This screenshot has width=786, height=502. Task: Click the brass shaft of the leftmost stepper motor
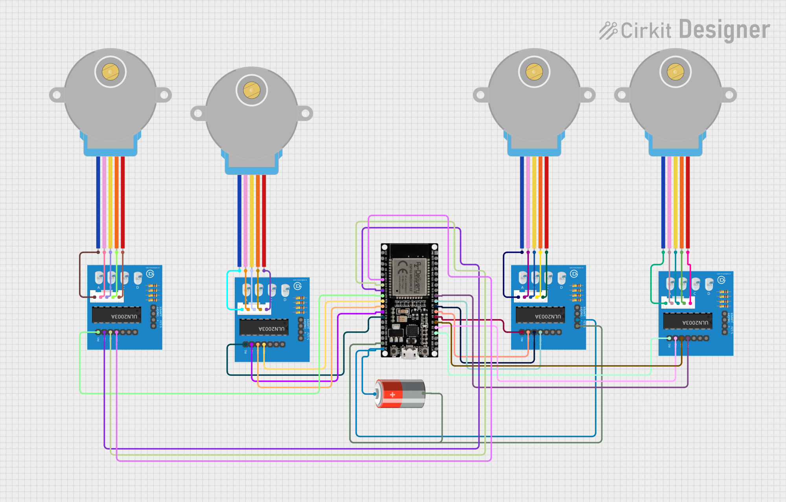click(110, 72)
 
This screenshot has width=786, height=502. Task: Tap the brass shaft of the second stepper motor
click(252, 90)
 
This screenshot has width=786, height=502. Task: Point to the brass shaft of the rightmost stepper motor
click(675, 72)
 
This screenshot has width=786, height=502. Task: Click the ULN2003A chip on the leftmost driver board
click(116, 315)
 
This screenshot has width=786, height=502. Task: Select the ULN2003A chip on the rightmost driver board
click(687, 322)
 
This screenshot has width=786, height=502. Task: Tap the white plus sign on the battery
click(392, 394)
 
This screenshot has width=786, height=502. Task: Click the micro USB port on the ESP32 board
click(409, 354)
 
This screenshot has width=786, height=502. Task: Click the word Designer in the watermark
click(724, 30)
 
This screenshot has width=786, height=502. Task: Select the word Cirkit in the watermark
click(646, 31)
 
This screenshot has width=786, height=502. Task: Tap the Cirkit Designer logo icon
click(608, 31)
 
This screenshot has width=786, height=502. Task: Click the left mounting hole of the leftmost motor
click(57, 95)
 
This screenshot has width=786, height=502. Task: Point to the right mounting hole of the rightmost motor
click(729, 95)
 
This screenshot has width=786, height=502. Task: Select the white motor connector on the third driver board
click(530, 296)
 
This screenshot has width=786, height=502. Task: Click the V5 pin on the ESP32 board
click(383, 349)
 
